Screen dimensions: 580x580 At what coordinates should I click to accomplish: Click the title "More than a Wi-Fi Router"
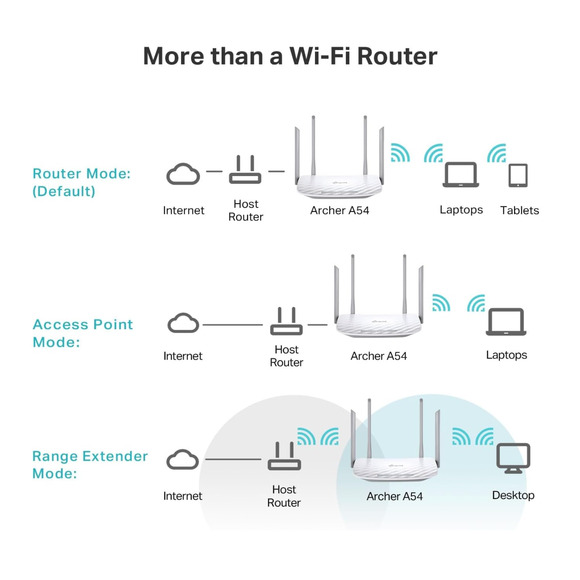290,55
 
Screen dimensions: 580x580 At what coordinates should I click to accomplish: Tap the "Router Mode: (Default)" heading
82,182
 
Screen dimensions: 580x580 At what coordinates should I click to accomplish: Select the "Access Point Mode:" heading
83,333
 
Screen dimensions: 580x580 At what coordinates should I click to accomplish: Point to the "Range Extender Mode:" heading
90,465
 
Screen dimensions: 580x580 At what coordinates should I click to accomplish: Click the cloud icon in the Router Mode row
183,175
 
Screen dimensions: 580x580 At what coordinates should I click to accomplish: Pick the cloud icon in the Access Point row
182,323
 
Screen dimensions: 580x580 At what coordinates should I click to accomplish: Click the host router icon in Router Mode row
245,172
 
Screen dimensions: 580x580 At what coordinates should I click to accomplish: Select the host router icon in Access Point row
286,321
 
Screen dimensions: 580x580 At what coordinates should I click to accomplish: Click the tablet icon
518,175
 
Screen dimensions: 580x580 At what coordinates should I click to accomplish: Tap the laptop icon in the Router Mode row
461,175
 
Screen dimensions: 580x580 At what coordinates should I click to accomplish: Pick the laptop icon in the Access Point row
506,322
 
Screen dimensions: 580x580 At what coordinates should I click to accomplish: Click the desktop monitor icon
513,459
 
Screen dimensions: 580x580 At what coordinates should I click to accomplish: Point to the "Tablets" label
519,211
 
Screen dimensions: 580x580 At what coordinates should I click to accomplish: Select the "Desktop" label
513,496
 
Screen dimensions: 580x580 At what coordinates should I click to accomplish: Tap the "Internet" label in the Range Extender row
182,496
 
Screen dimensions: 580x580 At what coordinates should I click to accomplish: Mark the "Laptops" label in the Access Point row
506,356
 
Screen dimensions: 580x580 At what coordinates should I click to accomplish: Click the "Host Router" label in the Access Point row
286,356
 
